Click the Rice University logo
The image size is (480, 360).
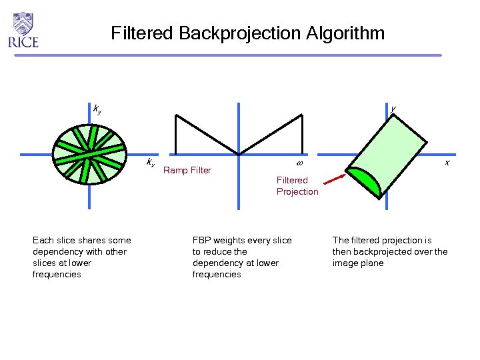click(x=23, y=30)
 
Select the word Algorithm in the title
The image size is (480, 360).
click(x=346, y=33)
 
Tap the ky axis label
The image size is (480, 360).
click(x=97, y=109)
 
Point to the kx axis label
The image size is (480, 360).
click(x=151, y=163)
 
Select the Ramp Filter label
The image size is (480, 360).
click(x=187, y=171)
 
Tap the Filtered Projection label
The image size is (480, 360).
click(x=297, y=186)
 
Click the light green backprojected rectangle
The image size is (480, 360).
click(x=394, y=151)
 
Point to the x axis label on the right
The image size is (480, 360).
click(x=447, y=163)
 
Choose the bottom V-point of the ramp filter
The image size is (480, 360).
click(x=238, y=155)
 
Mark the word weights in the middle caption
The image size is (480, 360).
click(x=229, y=240)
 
